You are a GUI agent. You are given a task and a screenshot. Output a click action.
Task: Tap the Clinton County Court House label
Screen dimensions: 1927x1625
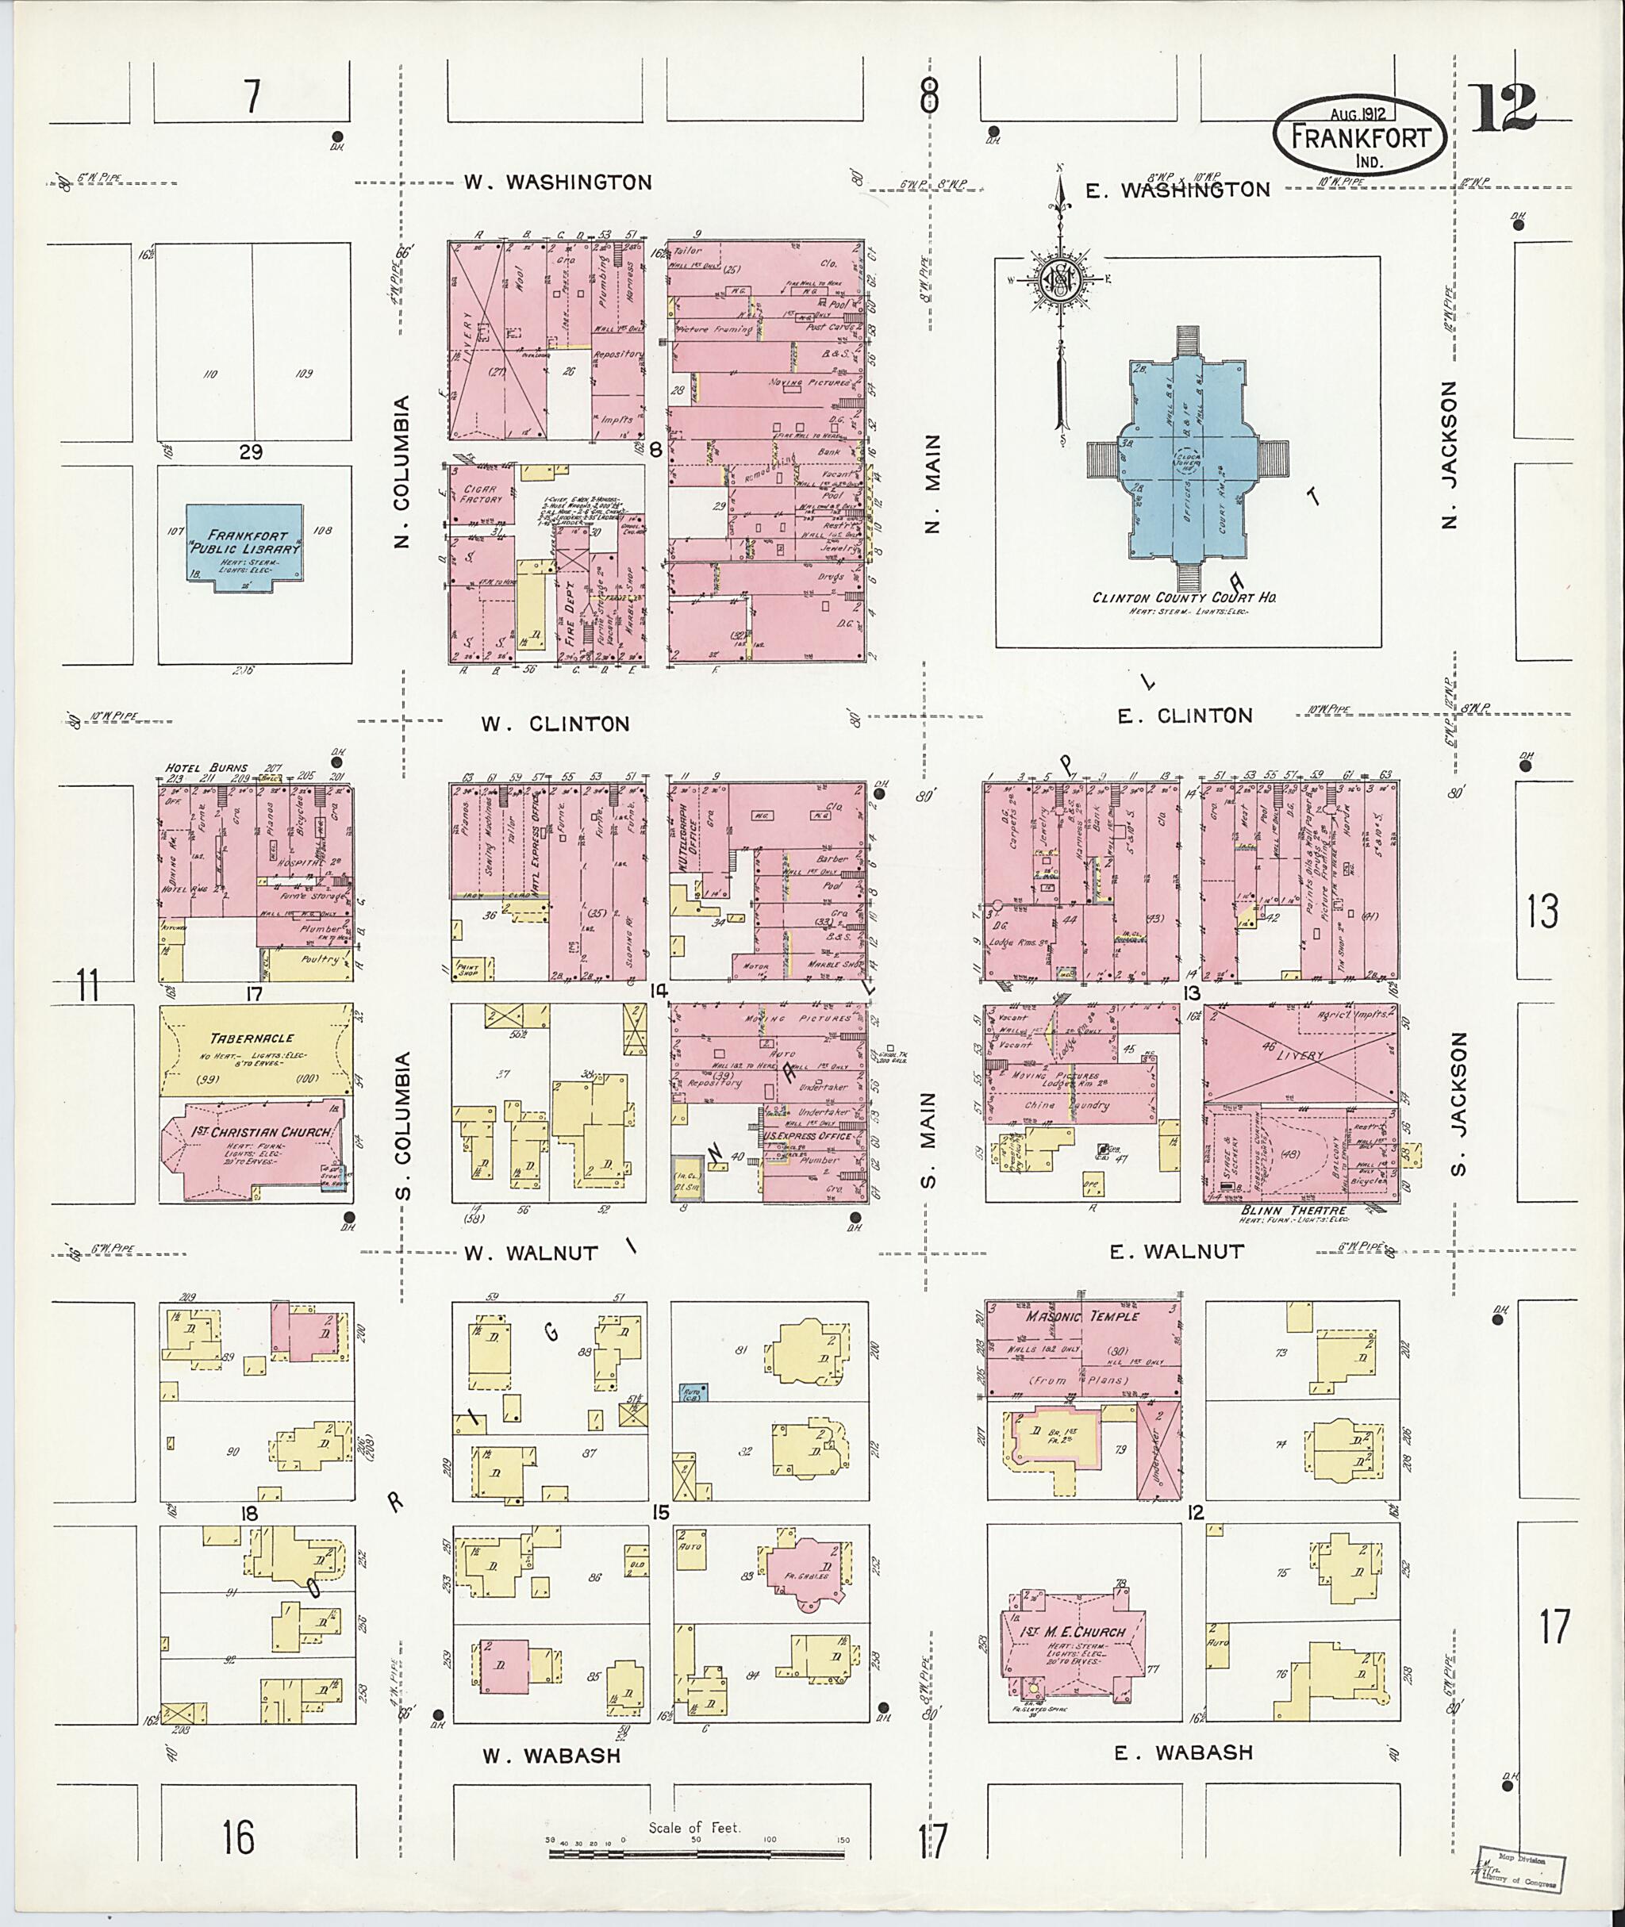[x=1184, y=597]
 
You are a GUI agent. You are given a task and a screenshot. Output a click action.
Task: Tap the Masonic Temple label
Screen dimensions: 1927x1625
[x=1081, y=1316]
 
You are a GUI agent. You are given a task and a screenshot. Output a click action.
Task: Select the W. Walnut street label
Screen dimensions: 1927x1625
[x=531, y=1253]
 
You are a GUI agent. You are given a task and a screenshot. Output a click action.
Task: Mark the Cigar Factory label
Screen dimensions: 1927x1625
[x=481, y=495]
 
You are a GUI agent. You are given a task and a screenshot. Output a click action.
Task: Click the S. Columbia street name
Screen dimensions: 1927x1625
[x=402, y=1126]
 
